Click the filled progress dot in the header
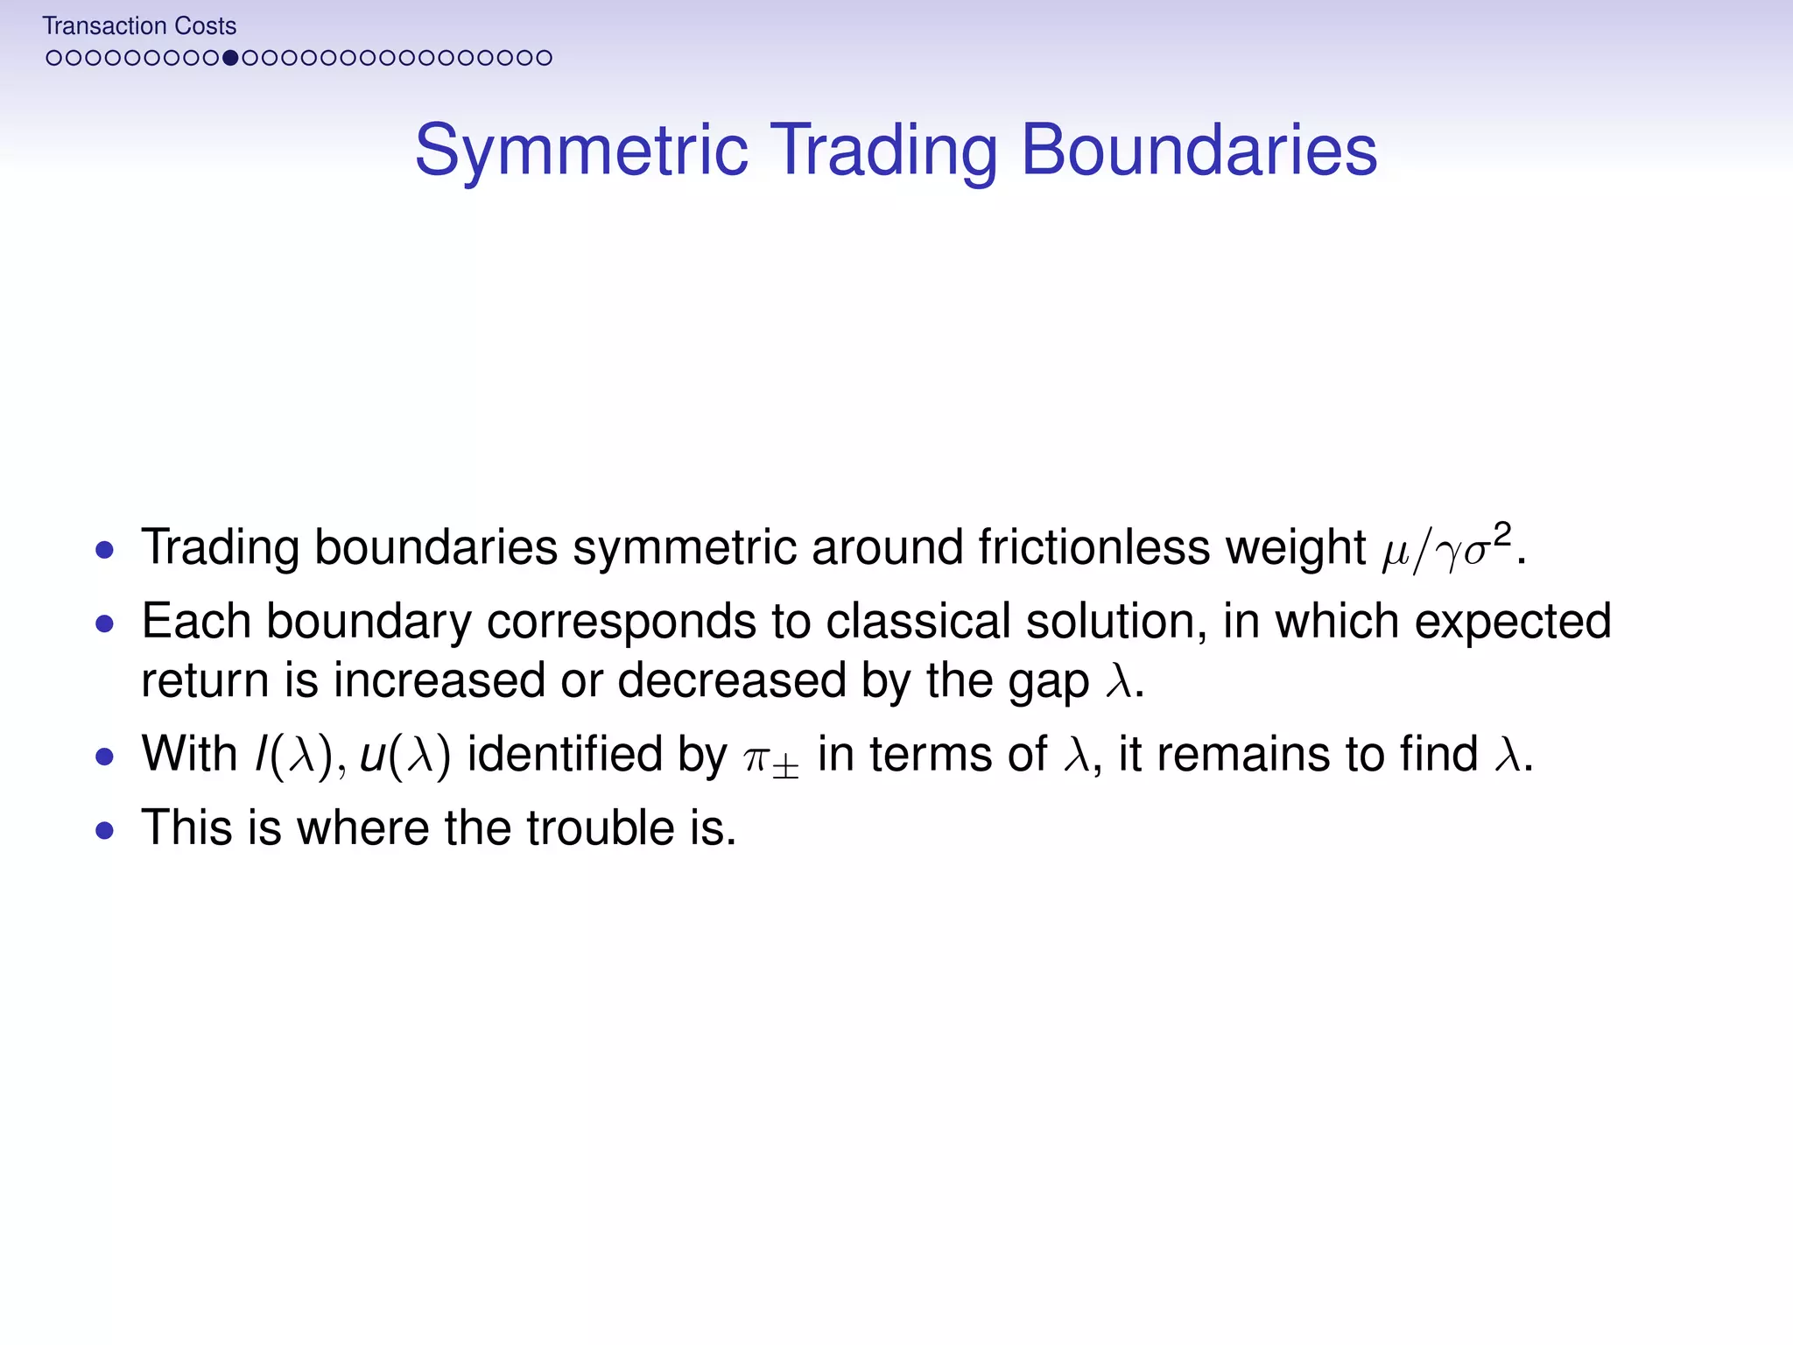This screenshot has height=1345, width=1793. (x=230, y=58)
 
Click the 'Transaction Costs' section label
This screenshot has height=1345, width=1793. (x=139, y=26)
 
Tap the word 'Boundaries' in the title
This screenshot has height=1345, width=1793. (x=1199, y=151)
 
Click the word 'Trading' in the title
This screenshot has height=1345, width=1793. (x=883, y=151)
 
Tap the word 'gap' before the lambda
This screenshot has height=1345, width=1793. (x=1048, y=681)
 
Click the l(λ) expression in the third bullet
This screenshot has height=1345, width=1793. (x=294, y=755)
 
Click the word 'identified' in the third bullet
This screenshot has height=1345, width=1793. (x=564, y=755)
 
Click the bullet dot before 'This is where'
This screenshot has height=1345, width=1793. (x=105, y=830)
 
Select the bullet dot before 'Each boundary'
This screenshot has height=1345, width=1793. (x=105, y=623)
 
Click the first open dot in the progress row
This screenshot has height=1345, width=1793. (x=53, y=58)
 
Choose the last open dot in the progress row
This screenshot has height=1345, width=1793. (x=545, y=58)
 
